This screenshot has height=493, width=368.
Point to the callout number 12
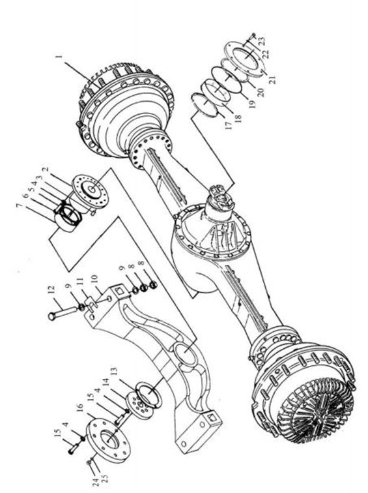(52, 289)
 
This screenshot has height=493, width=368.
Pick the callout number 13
(113, 372)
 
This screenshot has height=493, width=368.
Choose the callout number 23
(262, 41)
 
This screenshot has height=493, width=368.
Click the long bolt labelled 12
(63, 313)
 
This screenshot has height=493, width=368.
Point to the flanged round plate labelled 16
(107, 440)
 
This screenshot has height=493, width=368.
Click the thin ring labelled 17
(205, 105)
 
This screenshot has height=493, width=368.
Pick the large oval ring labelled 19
(227, 80)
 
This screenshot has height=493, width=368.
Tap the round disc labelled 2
(90, 192)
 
